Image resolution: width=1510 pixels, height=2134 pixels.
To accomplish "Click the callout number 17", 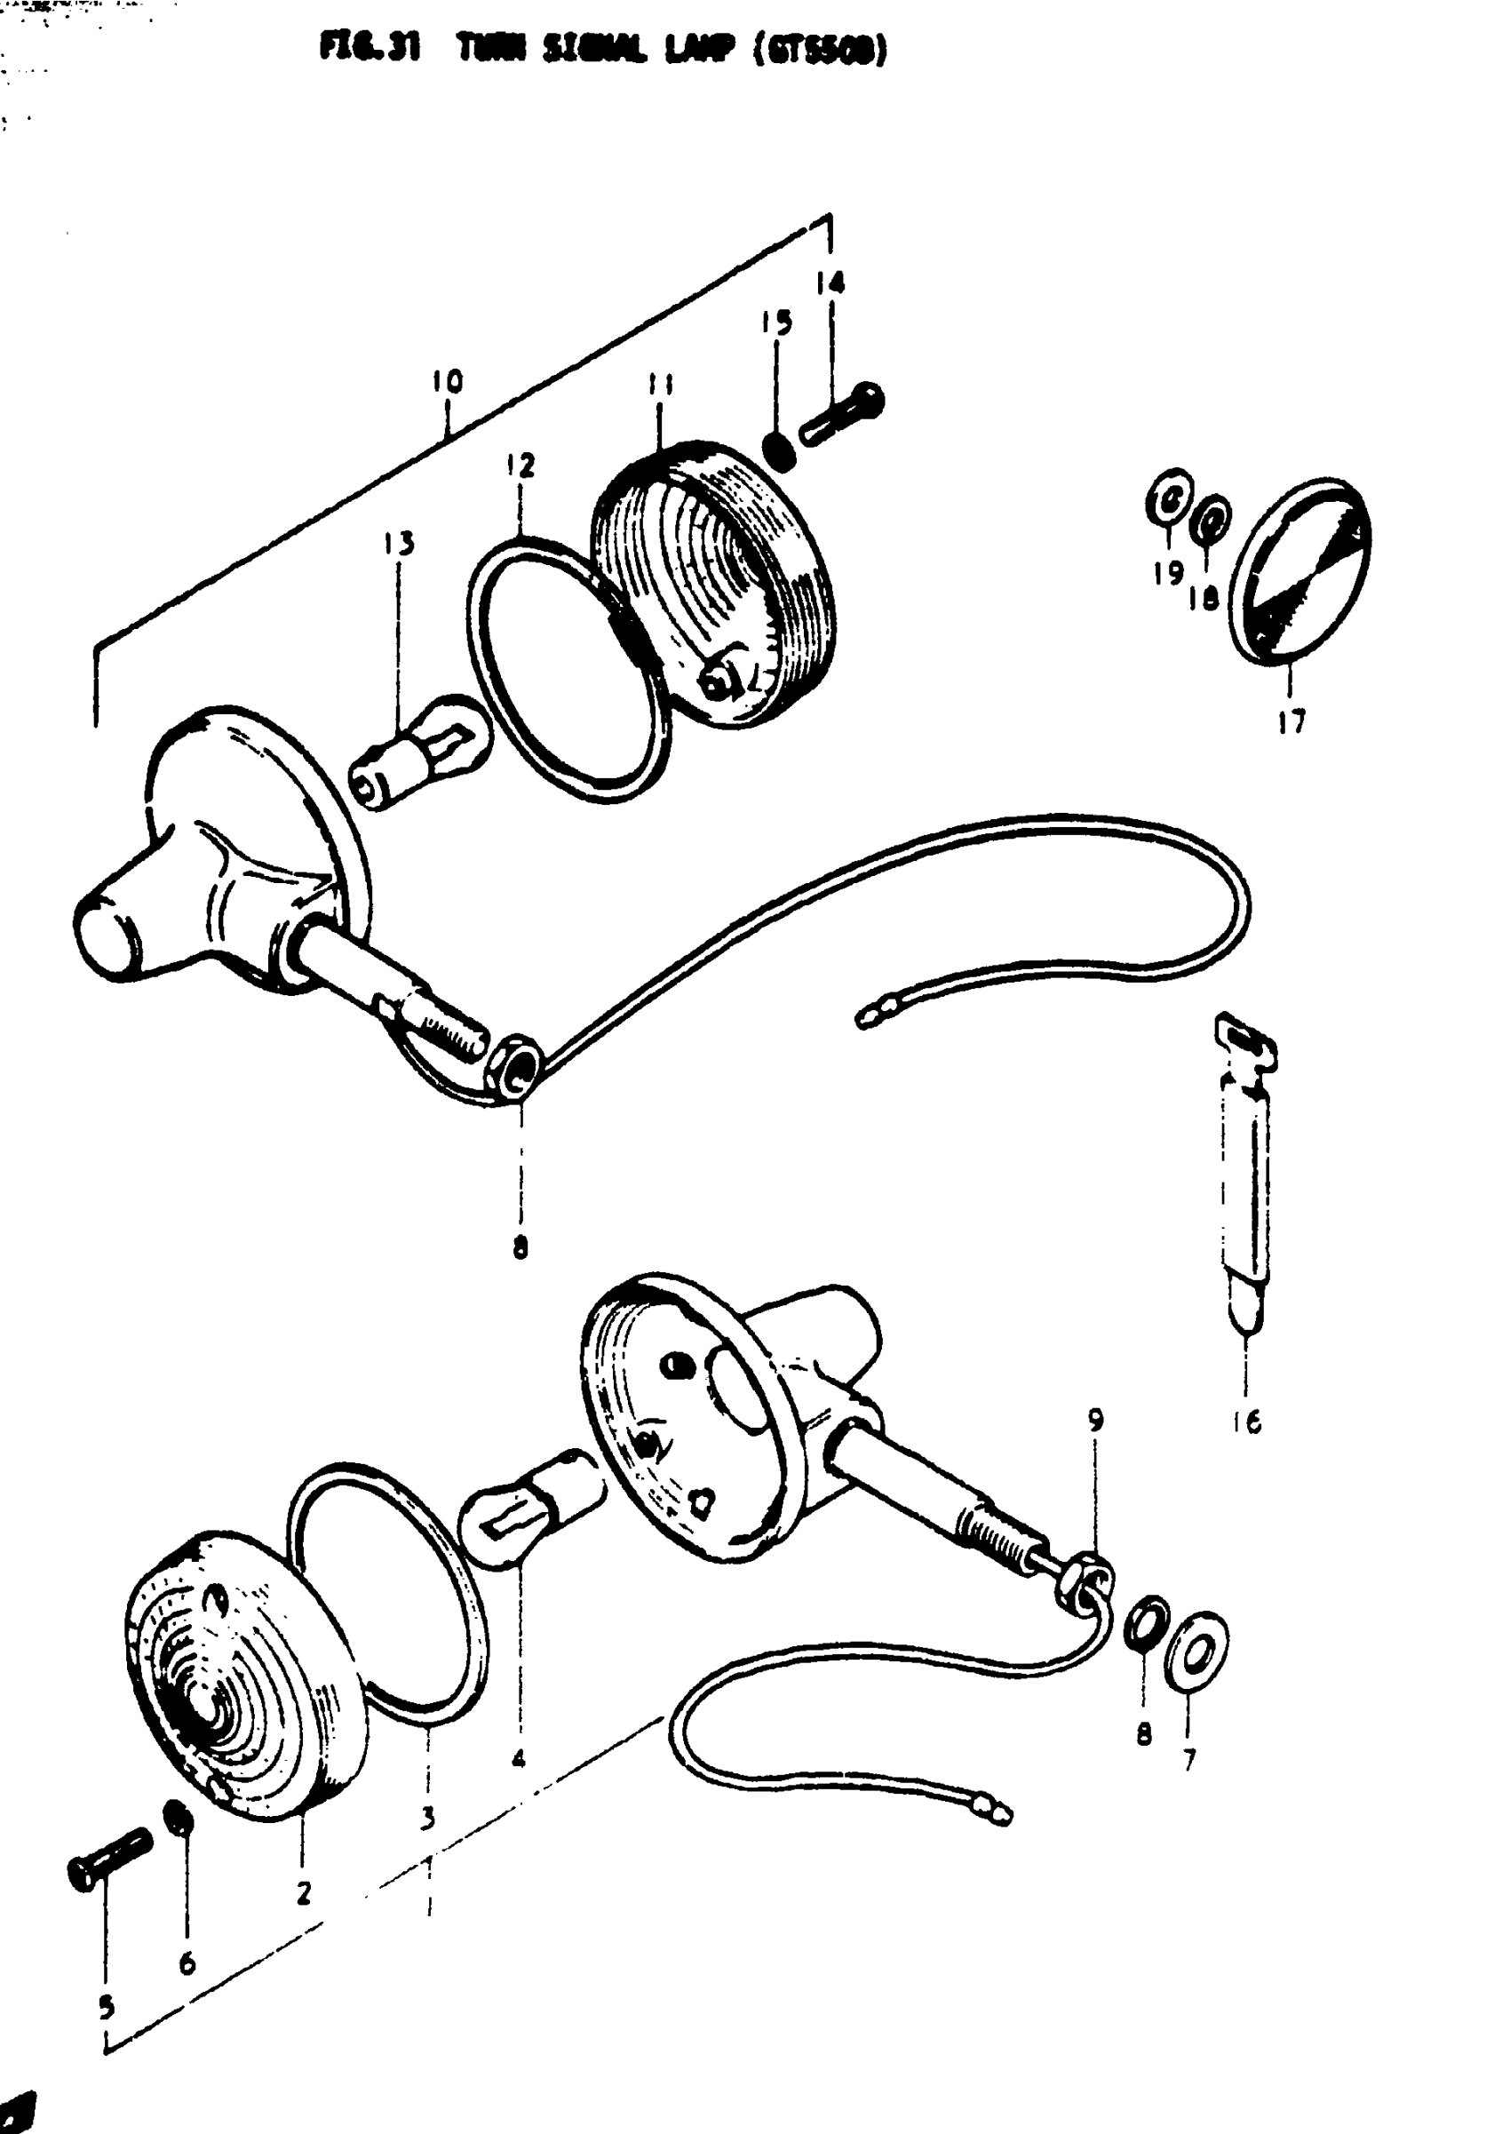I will [x=1291, y=721].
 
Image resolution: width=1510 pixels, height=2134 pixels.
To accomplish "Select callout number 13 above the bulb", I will [x=399, y=543].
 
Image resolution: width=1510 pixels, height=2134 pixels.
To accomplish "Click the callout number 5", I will [x=106, y=2009].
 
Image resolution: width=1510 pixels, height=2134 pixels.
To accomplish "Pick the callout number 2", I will [x=304, y=1892].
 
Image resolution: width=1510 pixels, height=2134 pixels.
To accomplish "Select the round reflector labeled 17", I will [x=1299, y=572].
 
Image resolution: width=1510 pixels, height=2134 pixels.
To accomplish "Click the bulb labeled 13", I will [x=418, y=753].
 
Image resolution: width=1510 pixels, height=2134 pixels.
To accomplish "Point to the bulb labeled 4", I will [x=530, y=1511].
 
